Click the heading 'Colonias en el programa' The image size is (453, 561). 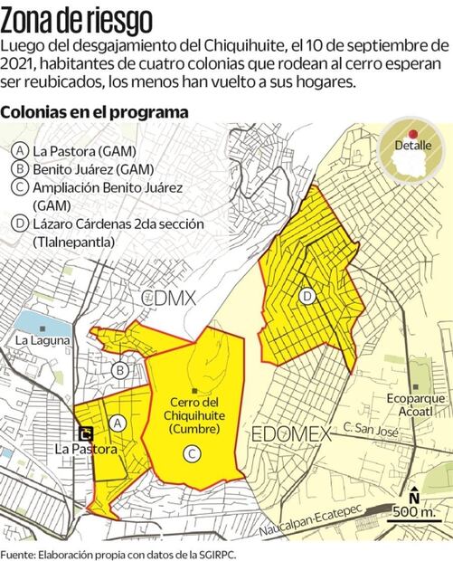(x=95, y=113)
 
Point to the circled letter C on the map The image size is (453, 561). (x=190, y=453)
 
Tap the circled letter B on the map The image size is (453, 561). (x=118, y=368)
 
